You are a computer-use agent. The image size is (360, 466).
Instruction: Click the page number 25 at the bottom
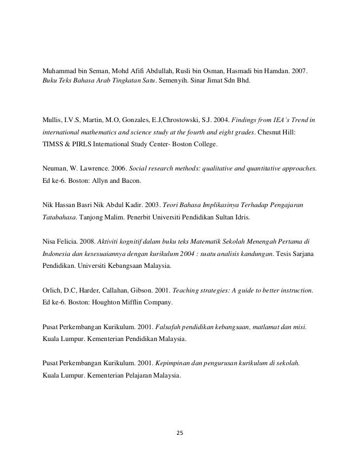click(180, 433)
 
